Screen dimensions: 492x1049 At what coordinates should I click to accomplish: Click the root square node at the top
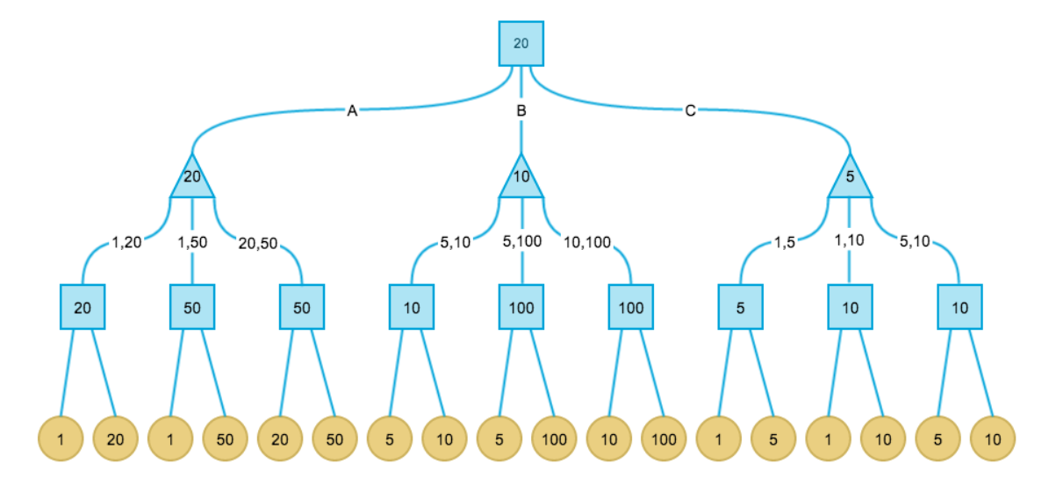pos(521,43)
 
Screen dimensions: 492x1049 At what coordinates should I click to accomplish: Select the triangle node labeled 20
pos(192,178)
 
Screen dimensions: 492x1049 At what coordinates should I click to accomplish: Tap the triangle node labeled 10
pos(521,178)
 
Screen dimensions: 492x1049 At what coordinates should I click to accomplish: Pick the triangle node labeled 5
pos(850,178)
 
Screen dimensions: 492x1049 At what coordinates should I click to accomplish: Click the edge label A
pos(352,111)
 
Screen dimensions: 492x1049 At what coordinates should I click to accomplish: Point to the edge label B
pos(521,111)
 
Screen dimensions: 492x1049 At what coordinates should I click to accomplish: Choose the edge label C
pos(690,111)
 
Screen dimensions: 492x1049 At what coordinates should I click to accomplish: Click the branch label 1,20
pos(126,243)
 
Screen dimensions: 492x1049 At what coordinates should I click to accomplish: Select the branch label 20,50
pos(257,243)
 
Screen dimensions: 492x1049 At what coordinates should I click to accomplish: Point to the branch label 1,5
pos(784,243)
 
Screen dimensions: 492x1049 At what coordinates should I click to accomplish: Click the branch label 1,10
pos(850,240)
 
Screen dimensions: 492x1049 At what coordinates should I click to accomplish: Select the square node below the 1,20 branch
pos(83,307)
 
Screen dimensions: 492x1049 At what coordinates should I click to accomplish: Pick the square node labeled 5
pos(740,307)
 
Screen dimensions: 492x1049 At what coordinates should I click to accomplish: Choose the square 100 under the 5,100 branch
pos(521,307)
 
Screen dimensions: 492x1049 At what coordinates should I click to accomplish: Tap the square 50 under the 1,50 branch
pos(192,307)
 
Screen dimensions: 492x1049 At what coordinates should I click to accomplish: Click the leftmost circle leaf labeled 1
pos(61,439)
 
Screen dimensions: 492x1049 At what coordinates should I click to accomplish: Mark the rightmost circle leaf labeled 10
pos(993,439)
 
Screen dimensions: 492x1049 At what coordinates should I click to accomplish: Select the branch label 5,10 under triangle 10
pos(456,243)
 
